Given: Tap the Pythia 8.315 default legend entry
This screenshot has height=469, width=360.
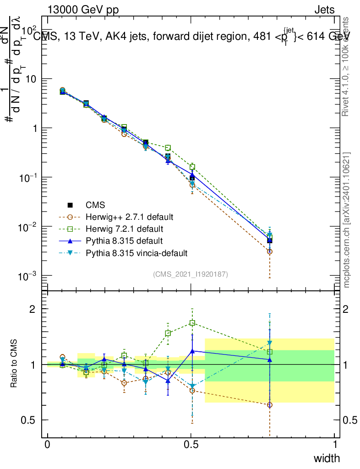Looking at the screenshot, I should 124,240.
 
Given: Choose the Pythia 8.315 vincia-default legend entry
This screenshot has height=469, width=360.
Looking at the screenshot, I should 136,252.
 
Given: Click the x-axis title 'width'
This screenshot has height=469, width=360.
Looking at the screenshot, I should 327,458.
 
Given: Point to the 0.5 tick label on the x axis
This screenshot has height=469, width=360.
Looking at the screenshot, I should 191,445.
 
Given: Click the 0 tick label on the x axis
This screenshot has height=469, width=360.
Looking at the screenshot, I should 48,445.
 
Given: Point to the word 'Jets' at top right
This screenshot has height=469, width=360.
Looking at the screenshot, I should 324,9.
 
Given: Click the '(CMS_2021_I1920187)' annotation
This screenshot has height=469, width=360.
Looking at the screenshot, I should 191,274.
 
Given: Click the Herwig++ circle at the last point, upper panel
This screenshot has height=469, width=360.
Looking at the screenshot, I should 270,251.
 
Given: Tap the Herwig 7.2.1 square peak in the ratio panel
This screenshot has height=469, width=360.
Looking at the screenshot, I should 192,323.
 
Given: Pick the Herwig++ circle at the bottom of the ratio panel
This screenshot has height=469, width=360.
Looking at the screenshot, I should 270,405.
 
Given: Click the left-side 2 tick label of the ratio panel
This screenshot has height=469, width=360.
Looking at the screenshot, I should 33,309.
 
